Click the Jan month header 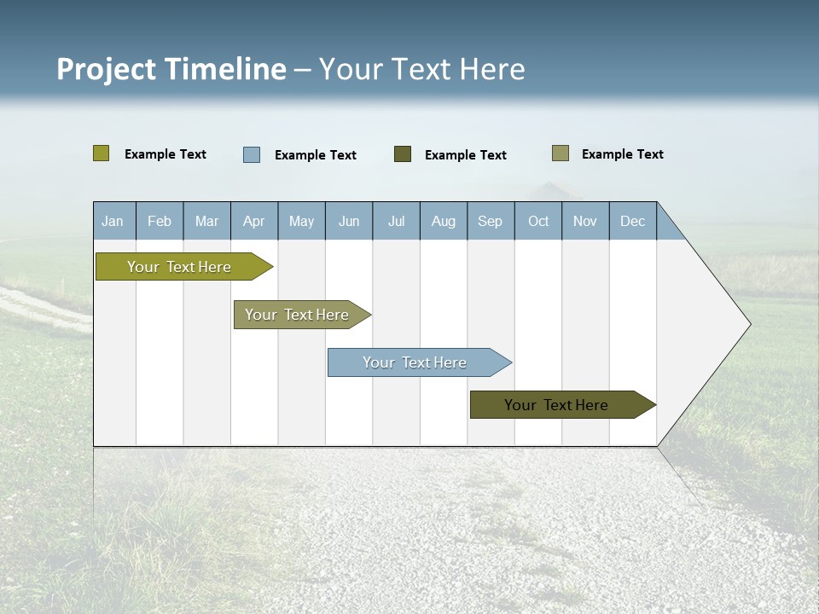pyautogui.click(x=113, y=221)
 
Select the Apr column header pyautogui.click(x=253, y=221)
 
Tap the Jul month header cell pyautogui.click(x=396, y=221)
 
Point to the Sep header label pyautogui.click(x=490, y=221)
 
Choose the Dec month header pyautogui.click(x=632, y=221)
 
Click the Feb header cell pyautogui.click(x=160, y=221)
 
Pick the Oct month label pyautogui.click(x=538, y=221)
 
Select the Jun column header pyautogui.click(x=349, y=221)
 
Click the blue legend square pyautogui.click(x=252, y=154)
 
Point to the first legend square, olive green pyautogui.click(x=102, y=153)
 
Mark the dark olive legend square pyautogui.click(x=403, y=154)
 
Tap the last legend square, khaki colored pyautogui.click(x=561, y=153)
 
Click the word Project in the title pyautogui.click(x=105, y=69)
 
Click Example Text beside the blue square pyautogui.click(x=316, y=155)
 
